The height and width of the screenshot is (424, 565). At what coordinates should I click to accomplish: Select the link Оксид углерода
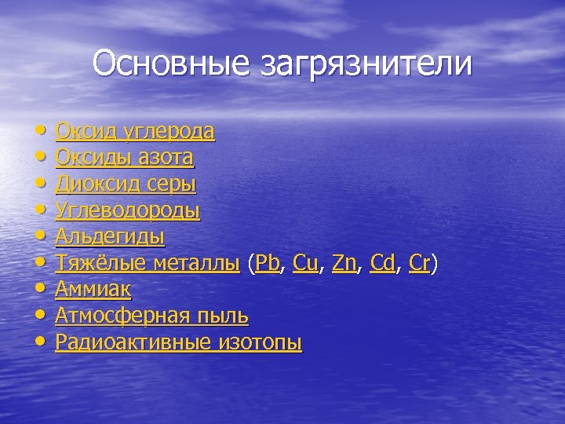135,131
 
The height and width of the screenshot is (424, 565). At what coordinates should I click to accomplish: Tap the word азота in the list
166,158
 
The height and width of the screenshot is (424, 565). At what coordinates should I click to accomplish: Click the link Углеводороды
127,211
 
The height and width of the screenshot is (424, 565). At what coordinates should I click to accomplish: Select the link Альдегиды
110,237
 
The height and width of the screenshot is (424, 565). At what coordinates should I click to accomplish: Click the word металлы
195,264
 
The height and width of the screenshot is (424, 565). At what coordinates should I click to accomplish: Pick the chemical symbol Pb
268,263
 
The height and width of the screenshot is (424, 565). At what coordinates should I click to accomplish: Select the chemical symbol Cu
305,263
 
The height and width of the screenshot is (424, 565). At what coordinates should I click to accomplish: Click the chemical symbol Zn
344,263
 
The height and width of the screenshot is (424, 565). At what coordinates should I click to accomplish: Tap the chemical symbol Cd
382,263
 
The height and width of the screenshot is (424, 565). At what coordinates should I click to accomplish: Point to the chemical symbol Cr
419,263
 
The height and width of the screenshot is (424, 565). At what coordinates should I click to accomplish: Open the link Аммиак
93,290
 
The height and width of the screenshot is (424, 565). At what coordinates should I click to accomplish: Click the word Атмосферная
122,316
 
